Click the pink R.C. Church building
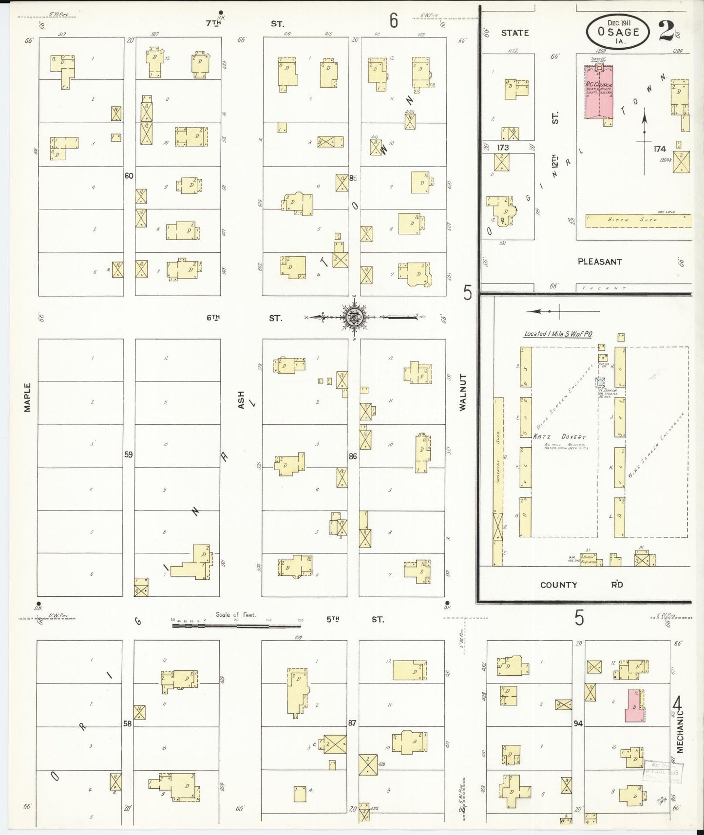pos(599,93)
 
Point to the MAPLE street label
pos(27,397)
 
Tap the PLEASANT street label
pos(600,262)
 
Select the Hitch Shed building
pos(638,220)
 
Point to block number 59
pos(128,455)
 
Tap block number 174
pos(660,149)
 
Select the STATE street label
pos(514,33)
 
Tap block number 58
pos(127,723)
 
